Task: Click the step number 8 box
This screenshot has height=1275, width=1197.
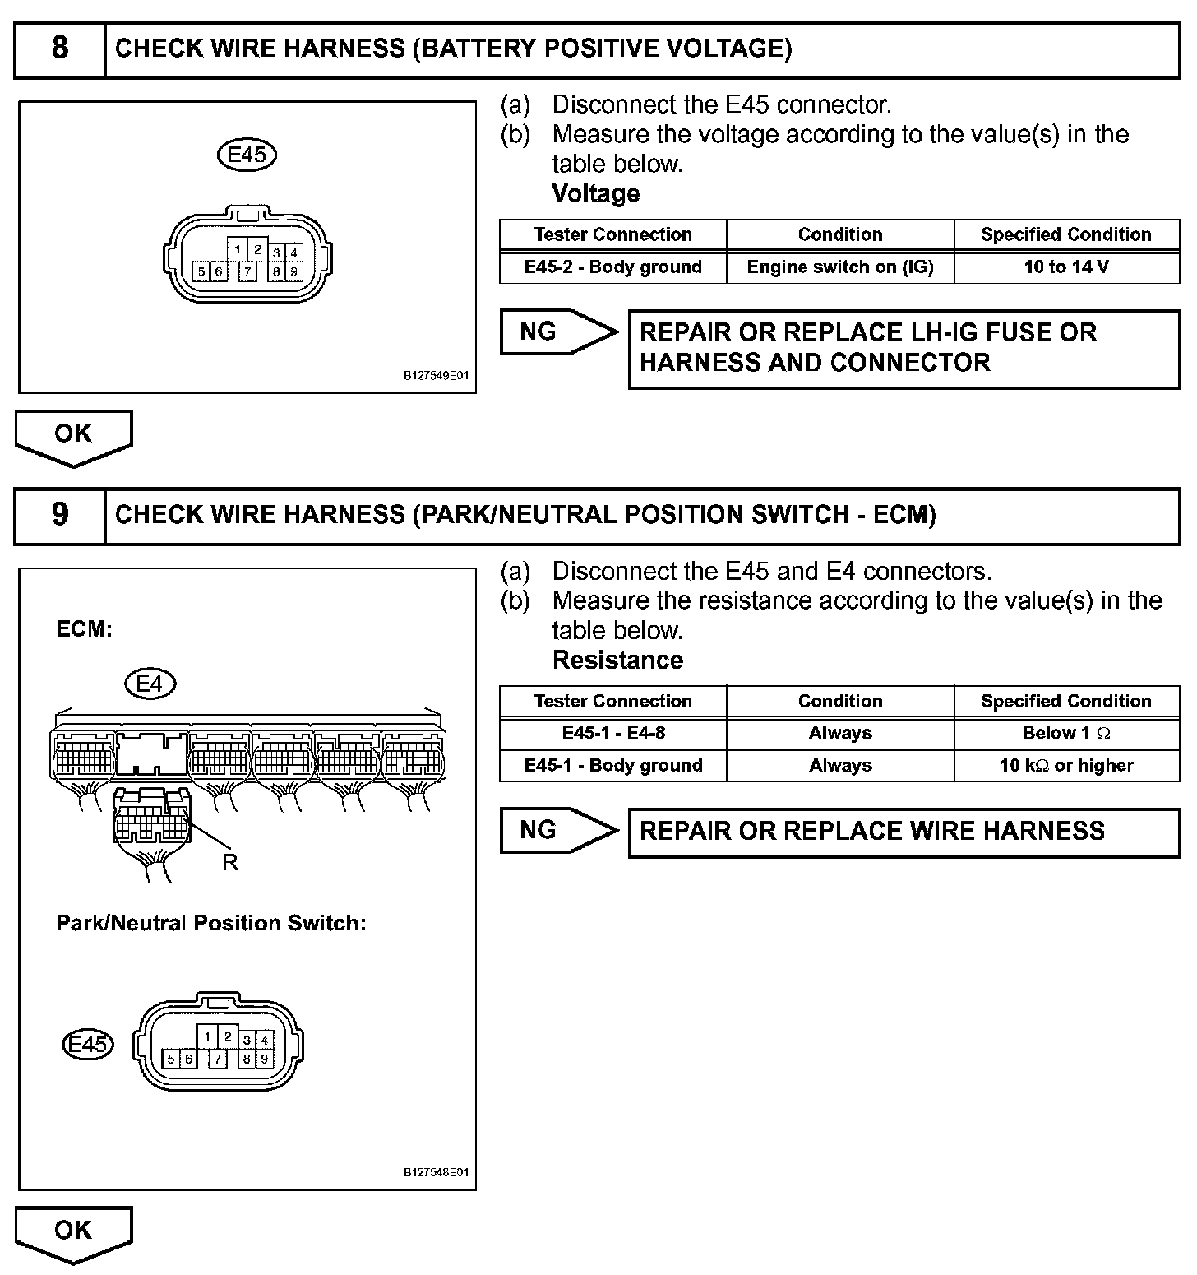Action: pos(60,49)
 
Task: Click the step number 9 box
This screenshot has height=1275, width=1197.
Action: pos(60,516)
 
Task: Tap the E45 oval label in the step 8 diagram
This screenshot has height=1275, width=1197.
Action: pos(246,155)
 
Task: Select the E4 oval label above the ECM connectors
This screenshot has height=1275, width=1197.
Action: pos(150,684)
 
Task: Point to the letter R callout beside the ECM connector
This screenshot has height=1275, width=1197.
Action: pos(229,863)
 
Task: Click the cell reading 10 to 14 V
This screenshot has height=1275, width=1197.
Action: pos(1066,267)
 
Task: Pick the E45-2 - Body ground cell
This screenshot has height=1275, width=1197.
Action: pos(612,267)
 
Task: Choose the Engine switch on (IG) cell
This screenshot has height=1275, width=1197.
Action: pos(839,267)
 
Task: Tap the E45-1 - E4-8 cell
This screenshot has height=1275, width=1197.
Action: pos(612,733)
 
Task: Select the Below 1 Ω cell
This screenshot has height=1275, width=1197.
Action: pos(1066,733)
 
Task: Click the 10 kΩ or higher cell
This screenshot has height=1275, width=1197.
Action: pos(1066,766)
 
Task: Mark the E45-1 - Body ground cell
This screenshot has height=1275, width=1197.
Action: pos(612,766)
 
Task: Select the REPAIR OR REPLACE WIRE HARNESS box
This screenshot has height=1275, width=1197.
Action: pos(904,832)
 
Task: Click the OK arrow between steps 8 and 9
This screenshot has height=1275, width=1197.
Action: pos(73,436)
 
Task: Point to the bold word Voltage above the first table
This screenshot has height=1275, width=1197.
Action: pos(595,194)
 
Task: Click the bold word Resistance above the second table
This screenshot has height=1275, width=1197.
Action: pos(617,661)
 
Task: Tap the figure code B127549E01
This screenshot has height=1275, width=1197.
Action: pos(436,377)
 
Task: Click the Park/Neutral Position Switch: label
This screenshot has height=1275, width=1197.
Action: pos(210,924)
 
